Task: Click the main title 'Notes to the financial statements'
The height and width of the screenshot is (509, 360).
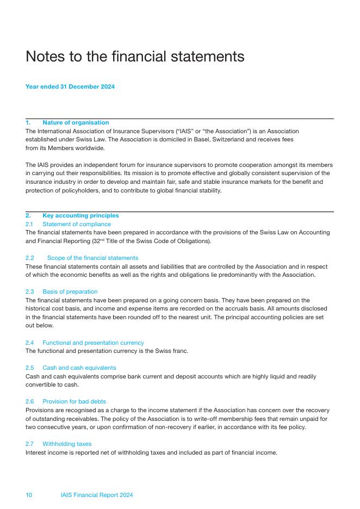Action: [135, 57]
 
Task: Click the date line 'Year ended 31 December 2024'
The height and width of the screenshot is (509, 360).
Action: [70, 86]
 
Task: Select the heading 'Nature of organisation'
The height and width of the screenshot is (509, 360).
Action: [76, 123]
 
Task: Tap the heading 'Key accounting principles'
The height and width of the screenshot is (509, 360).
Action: [80, 216]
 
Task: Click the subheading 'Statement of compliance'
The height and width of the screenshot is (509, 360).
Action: [77, 224]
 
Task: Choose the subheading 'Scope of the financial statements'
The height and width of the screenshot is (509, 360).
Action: [92, 258]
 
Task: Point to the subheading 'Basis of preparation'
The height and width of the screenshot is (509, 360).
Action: [70, 292]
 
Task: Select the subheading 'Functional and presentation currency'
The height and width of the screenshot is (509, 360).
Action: [93, 343]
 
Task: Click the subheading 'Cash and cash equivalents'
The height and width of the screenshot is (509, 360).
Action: [79, 368]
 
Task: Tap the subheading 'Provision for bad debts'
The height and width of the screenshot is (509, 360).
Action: [74, 402]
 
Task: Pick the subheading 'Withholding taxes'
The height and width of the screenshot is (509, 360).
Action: [67, 444]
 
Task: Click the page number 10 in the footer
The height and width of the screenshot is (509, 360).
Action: [29, 495]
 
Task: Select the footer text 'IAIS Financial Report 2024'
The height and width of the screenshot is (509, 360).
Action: [97, 495]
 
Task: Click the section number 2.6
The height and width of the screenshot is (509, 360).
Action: [30, 402]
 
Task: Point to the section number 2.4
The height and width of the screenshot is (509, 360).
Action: [30, 343]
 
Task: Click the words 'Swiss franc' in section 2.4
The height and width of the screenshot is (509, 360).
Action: [171, 351]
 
